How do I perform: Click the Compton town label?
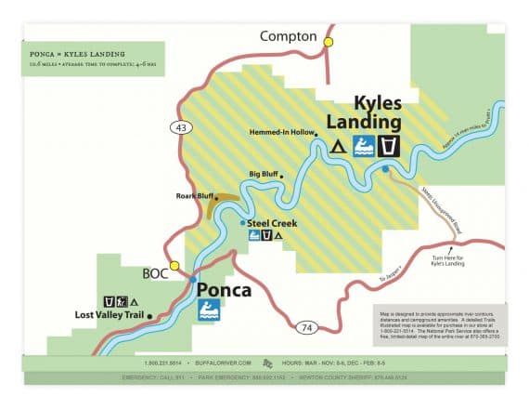(289, 36)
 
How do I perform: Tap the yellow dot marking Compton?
(328, 42)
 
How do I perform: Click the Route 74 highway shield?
(306, 327)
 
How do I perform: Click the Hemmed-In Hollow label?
(283, 133)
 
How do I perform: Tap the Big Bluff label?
(264, 174)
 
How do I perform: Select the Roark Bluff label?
(195, 196)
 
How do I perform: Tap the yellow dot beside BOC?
(174, 266)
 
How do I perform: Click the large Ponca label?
(224, 290)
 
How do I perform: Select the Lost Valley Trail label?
(109, 315)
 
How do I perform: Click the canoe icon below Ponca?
(209, 310)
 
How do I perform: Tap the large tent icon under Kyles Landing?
(339, 146)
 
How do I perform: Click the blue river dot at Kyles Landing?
(385, 169)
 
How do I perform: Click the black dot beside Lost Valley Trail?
(149, 316)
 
